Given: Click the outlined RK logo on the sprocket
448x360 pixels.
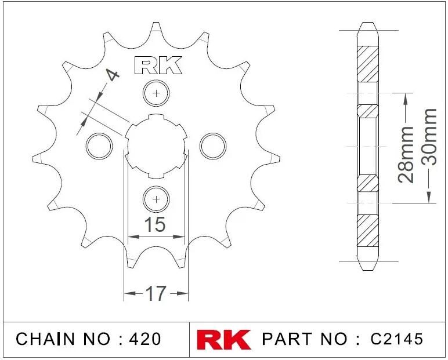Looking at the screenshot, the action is pos(158,66).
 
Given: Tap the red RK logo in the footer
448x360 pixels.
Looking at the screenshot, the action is pos(224,340).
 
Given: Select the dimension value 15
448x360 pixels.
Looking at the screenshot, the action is pos(155,224).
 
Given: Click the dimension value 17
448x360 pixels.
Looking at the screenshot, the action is pos(156,293).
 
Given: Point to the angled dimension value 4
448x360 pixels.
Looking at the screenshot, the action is pos(113,75).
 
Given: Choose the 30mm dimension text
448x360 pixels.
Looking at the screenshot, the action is pos(429,137).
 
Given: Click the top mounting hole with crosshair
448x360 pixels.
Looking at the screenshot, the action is pos(156,93).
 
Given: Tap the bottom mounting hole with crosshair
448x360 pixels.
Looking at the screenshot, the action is pos(156,199).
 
